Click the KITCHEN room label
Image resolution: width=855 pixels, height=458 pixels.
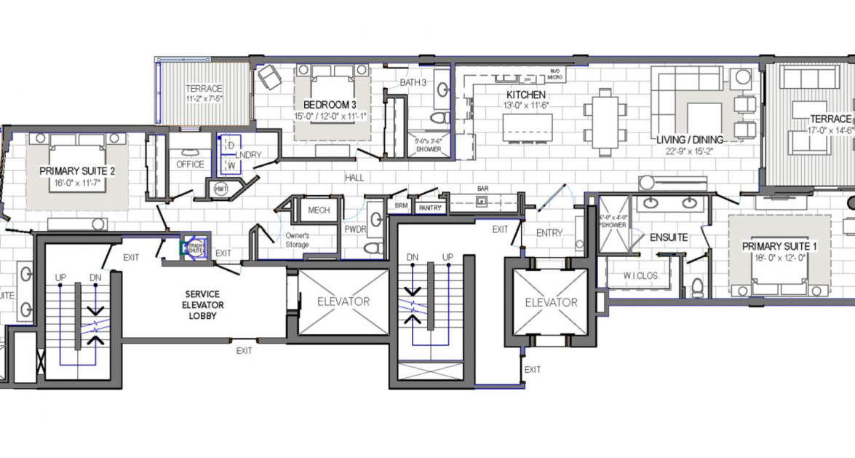click(526, 95)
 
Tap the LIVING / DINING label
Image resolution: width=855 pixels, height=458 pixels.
click(688, 140)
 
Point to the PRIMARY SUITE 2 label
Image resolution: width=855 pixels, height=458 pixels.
click(78, 171)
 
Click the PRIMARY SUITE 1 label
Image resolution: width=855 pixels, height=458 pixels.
click(779, 247)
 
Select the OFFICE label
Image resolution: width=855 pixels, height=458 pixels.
click(191, 165)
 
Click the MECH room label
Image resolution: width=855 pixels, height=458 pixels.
click(319, 210)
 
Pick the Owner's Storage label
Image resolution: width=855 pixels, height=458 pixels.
click(297, 240)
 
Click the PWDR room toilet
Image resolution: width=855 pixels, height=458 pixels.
click(374, 248)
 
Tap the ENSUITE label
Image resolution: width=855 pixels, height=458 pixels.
click(669, 237)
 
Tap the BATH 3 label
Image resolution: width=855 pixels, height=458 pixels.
click(413, 83)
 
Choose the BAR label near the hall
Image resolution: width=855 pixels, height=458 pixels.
click(482, 188)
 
